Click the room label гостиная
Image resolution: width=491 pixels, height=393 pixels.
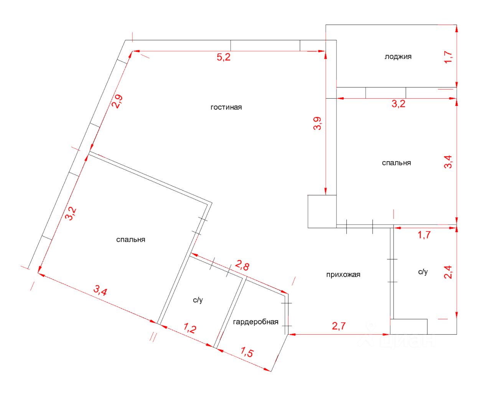coord(226,107)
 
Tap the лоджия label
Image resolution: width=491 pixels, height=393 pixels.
coord(398,56)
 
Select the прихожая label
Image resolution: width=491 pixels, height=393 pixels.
coord(343,274)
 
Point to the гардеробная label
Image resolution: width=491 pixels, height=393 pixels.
coord(255,322)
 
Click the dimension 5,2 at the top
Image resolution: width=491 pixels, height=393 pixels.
coord(224,58)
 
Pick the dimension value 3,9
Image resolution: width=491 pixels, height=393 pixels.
coord(317,123)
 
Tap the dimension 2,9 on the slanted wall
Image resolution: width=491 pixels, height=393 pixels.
coord(117,101)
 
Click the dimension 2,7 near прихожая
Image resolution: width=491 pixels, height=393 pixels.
coord(339,326)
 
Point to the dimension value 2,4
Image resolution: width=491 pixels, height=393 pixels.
coord(448,272)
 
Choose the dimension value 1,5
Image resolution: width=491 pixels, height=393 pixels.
coord(247,352)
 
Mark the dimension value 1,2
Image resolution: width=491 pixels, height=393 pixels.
coord(190,328)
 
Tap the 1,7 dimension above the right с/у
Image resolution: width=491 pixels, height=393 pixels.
coord(424,234)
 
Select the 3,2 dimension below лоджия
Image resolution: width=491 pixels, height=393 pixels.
coord(398,104)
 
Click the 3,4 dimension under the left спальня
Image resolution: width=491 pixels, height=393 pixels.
coord(100,291)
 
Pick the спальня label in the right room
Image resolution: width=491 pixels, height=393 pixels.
coord(396,163)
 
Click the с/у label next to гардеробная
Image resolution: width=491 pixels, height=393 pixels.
coord(198,300)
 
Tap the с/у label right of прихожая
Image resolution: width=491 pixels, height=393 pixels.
coord(423,272)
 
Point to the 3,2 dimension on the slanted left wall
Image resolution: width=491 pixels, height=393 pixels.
coord(71,214)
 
